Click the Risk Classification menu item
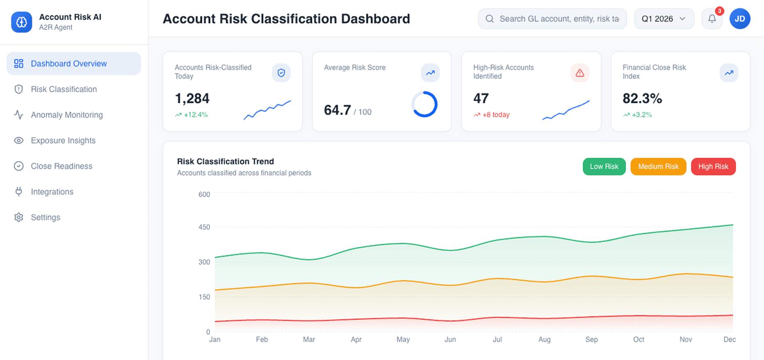(64, 89)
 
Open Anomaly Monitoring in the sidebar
(67, 115)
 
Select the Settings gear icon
(18, 217)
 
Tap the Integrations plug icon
(18, 192)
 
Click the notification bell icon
(712, 18)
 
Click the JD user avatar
(739, 19)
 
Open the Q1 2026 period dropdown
(663, 19)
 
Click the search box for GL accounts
(559, 19)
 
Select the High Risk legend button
(713, 166)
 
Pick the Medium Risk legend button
(658, 166)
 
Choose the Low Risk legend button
(604, 166)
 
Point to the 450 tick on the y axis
(204, 227)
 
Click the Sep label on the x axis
(591, 339)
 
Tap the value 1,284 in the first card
(192, 99)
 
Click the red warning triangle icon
(580, 73)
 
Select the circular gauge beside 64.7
(424, 104)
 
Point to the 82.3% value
(642, 99)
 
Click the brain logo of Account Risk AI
(21, 22)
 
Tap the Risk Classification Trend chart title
(225, 162)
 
